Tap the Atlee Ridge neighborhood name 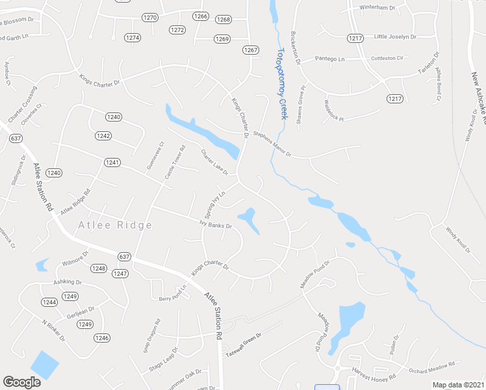pos(115,226)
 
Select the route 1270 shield pos(150,18)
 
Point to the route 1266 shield pos(200,16)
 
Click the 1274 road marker pos(132,38)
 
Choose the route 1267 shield pos(251,50)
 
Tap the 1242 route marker pos(103,136)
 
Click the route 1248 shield pos(98,268)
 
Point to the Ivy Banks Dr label pos(216,226)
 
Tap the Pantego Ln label pos(329,59)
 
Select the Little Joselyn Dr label pos(395,37)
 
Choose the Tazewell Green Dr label pos(243,345)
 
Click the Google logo pos(22,382)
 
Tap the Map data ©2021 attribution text pos(458,385)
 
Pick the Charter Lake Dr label pos(214,162)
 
